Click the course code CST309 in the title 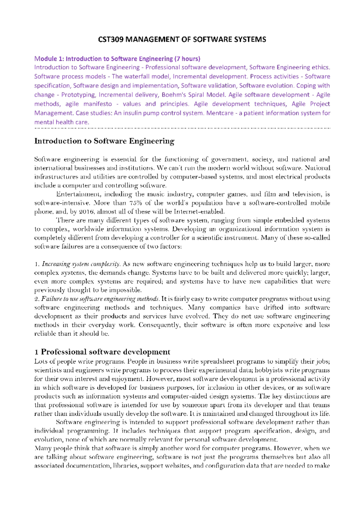[x=111, y=40]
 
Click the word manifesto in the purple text [x=97, y=104]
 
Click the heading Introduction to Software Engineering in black [x=104, y=141]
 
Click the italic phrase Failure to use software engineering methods [x=100, y=299]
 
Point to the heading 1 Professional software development [x=102, y=352]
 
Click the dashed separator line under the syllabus [x=182, y=128]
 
